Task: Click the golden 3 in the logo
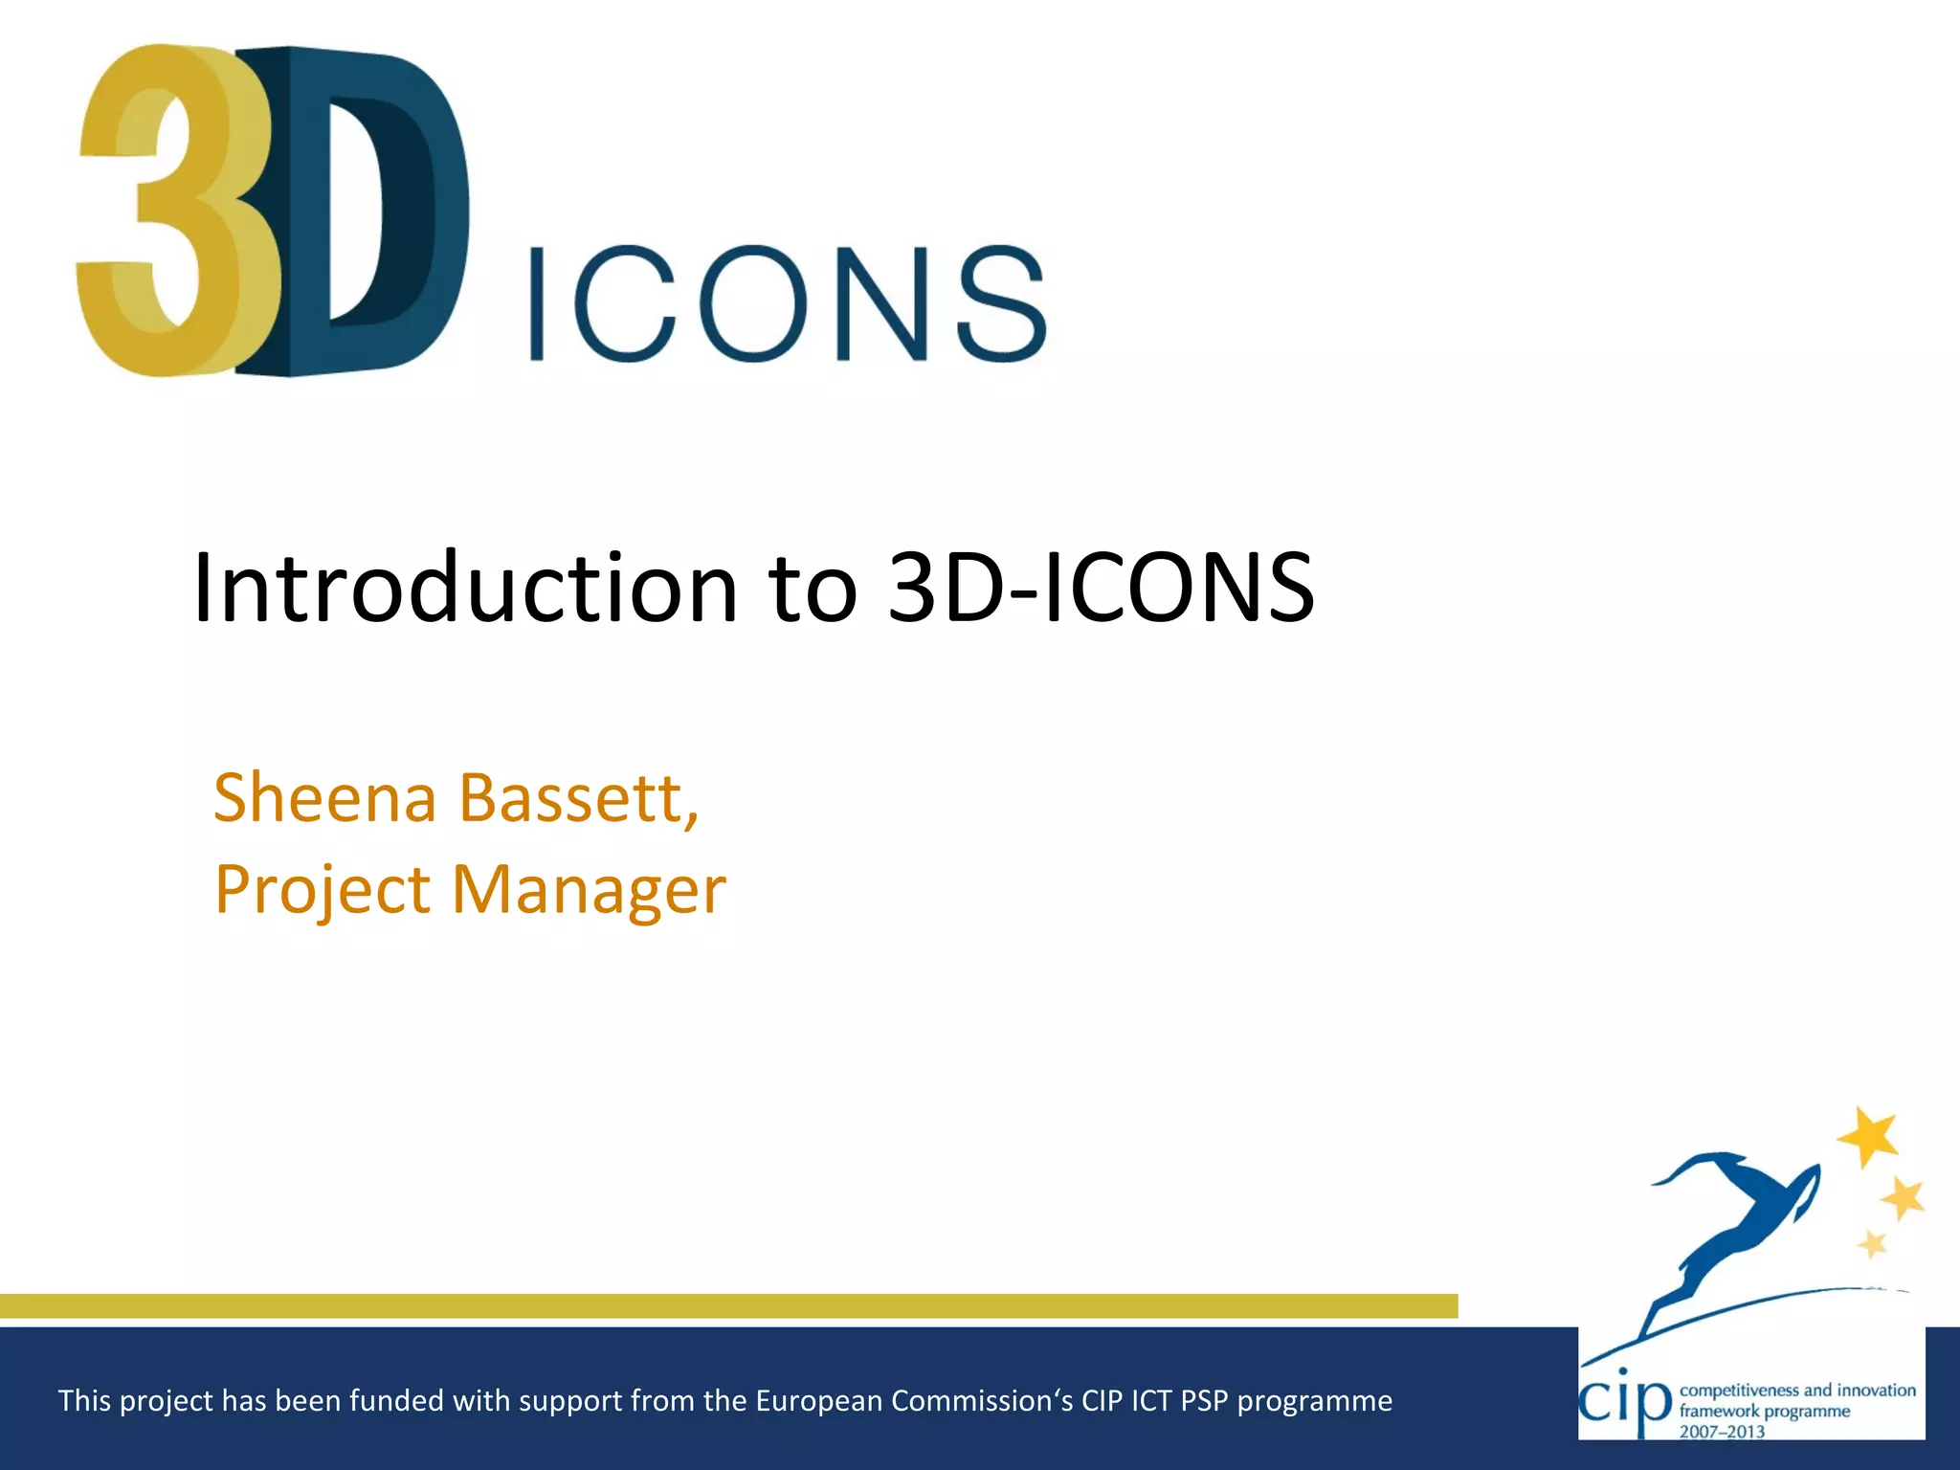coord(163,211)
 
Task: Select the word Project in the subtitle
coord(323,890)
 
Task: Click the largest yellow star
coord(1868,1136)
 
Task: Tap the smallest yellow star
coord(1872,1244)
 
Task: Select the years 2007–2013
coord(1722,1432)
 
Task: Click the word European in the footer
coord(819,1401)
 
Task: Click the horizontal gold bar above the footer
coord(727,1306)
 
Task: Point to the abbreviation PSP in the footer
coord(1203,1401)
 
